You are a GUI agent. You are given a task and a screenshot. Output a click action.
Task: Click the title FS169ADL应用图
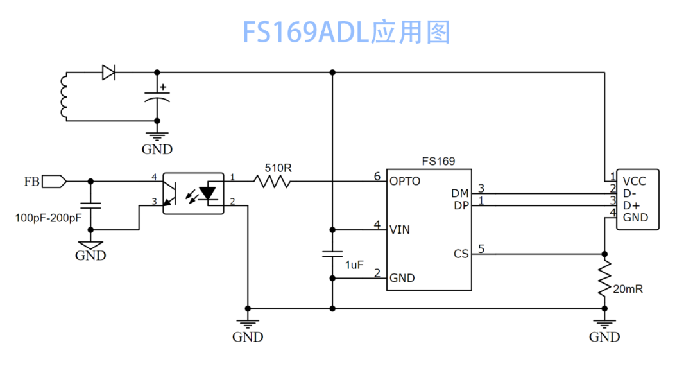pos(346,32)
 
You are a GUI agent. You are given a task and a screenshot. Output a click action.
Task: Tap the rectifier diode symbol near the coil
pos(108,72)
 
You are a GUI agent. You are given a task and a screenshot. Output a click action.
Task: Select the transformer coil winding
pos(64,96)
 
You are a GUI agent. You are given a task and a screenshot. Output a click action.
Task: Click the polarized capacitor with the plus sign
pos(157,96)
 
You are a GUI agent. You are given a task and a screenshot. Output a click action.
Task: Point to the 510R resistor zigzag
pos(272,181)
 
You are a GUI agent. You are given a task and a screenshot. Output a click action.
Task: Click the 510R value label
pos(278,168)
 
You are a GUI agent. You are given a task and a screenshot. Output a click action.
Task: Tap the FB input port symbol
pos(55,181)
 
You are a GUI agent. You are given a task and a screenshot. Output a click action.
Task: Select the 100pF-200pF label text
pos(48,218)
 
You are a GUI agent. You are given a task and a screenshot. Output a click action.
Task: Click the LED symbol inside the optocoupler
pos(207,193)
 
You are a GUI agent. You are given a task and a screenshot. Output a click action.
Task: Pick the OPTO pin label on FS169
pos(405,181)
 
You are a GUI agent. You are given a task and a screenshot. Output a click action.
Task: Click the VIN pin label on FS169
pos(400,230)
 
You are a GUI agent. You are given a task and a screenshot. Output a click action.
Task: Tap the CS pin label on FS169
pos(461,254)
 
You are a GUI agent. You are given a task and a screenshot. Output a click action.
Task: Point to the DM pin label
pos(459,194)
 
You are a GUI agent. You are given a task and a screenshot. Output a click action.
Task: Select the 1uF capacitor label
pos(354,265)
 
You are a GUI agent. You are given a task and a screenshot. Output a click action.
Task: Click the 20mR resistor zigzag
pos(604,278)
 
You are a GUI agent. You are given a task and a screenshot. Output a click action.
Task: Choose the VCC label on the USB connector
pos(634,181)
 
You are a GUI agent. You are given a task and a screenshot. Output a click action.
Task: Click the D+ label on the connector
pos(631,205)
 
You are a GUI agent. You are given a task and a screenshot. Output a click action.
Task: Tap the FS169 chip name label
pos(438,161)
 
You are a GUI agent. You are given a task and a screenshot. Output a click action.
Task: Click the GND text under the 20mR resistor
pos(604,337)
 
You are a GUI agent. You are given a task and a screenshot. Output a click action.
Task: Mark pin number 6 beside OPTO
pos(377,177)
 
